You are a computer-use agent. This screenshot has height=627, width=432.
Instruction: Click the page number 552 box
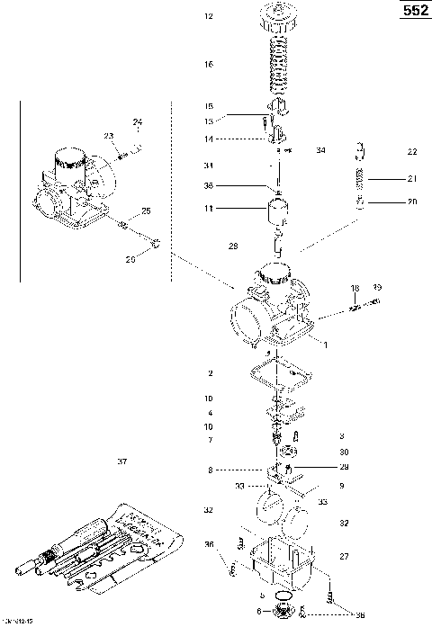tap(414, 11)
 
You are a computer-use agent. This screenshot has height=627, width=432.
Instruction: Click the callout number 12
tap(209, 16)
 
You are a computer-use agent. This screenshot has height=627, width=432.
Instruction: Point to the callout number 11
tap(209, 208)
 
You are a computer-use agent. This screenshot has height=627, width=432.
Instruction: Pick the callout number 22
tap(412, 151)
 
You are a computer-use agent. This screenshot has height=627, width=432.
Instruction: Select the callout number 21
tap(412, 177)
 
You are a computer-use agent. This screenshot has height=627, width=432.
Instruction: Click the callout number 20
tap(412, 202)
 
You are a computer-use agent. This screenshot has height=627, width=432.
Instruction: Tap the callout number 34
tap(320, 150)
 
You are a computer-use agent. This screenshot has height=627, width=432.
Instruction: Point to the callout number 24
tap(138, 121)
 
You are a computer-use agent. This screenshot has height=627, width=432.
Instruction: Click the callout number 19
tap(377, 288)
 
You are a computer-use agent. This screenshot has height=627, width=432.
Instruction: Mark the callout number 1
tap(325, 344)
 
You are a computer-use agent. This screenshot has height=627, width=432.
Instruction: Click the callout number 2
tap(209, 372)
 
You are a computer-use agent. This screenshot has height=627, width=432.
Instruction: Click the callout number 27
tap(342, 558)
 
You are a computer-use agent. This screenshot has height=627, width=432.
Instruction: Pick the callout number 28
tap(233, 246)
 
